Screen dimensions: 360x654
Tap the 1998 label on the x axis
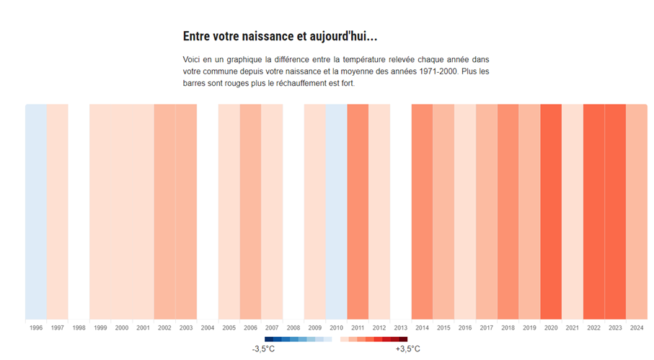click(x=79, y=328)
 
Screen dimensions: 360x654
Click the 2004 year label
click(x=208, y=328)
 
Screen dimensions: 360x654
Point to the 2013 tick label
click(x=401, y=328)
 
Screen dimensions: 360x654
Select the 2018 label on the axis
click(x=508, y=328)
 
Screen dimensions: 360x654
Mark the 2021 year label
click(x=573, y=328)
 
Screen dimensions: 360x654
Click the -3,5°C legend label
click(x=263, y=349)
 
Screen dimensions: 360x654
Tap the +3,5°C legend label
click(x=407, y=349)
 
